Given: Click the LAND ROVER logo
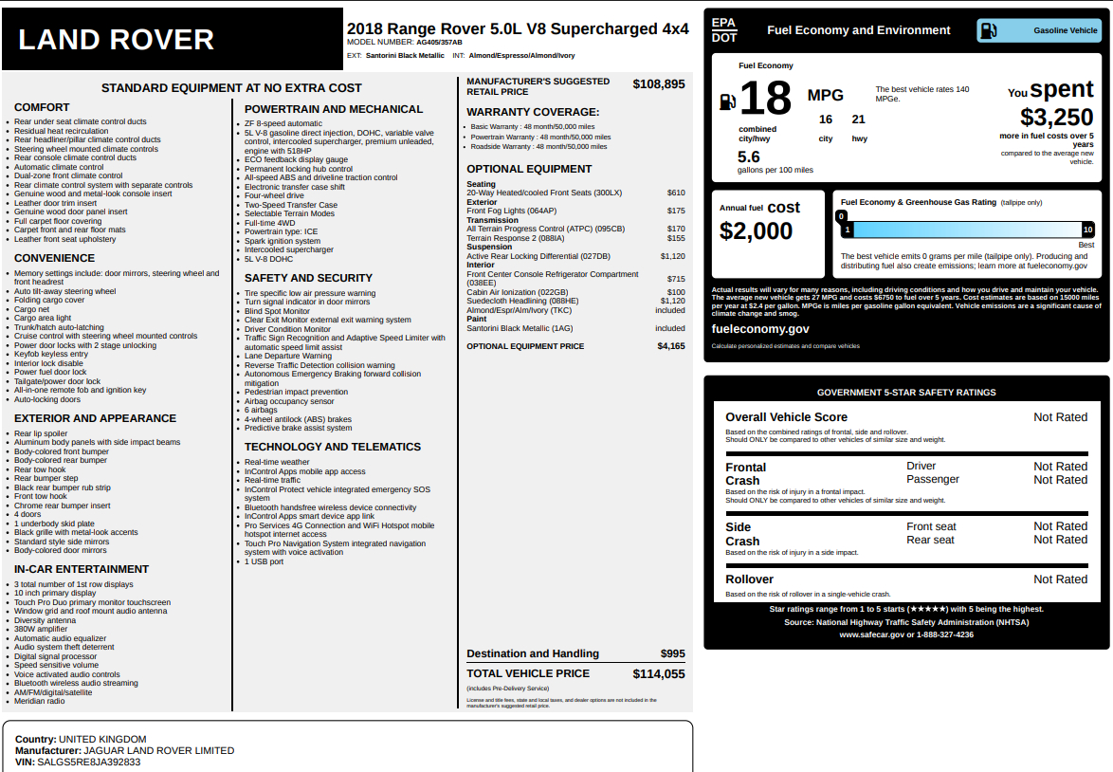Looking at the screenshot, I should point(117,40).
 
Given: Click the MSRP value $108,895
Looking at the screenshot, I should point(658,84).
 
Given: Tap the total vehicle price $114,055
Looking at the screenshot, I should point(658,674).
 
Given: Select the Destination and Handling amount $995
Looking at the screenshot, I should point(672,653).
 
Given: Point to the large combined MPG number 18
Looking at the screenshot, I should point(765,99).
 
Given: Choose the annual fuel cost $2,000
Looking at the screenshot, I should point(756,230).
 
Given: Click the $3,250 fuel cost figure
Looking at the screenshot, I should point(1056,118).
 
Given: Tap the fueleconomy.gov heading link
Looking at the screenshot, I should point(760,329).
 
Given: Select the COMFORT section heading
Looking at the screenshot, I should point(42,108).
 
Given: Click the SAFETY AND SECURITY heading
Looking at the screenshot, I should point(308,278).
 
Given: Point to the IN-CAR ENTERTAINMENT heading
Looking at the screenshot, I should point(82,569).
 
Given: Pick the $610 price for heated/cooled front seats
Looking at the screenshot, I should point(675,193).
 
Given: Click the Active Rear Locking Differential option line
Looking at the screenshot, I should point(538,256).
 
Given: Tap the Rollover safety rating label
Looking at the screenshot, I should point(749,579).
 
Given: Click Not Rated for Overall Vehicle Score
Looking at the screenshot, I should point(1060,417).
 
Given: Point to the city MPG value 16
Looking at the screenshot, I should point(826,119).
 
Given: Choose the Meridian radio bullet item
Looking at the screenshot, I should point(39,701).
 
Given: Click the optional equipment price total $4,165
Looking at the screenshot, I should point(670,346).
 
